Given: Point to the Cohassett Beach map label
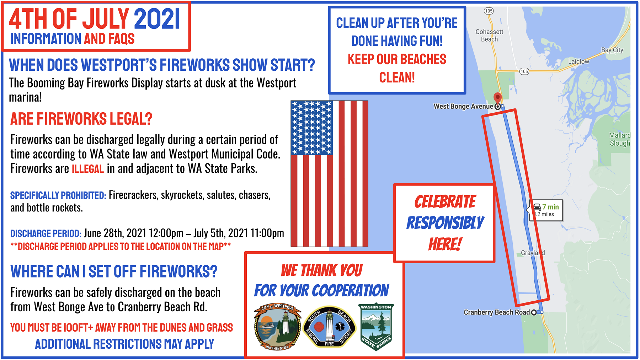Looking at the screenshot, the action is click(489, 36).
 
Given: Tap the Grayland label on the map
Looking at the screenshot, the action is click(533, 253).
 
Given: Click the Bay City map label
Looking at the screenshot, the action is click(612, 50).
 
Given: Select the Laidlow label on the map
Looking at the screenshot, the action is click(578, 61).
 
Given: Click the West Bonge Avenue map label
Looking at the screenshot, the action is click(463, 106).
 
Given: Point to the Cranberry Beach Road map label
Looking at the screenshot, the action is click(497, 312).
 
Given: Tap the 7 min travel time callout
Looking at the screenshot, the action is click(546, 210).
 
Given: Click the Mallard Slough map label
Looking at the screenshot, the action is click(620, 139).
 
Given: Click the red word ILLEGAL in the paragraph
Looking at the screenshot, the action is click(88, 169).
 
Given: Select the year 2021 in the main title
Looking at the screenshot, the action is click(157, 19).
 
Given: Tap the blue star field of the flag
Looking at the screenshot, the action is click(311, 128).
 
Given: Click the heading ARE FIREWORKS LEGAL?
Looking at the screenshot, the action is click(81, 119).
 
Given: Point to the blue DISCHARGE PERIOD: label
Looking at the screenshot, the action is click(46, 234).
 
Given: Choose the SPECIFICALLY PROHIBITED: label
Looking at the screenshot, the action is click(58, 195).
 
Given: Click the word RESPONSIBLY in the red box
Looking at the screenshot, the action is click(445, 223).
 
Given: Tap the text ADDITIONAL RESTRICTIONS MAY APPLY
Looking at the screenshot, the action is click(124, 344).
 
